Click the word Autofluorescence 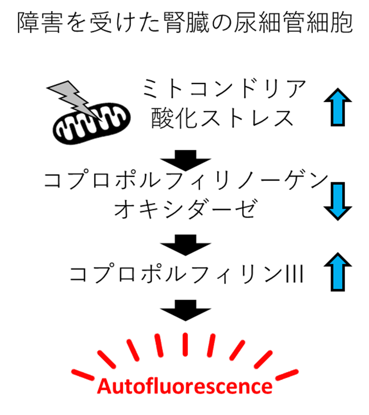pyautogui.click(x=185, y=386)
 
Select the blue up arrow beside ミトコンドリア pyautogui.click(x=338, y=107)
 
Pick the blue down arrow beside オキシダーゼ pyautogui.click(x=338, y=201)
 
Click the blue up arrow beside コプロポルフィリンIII pyautogui.click(x=338, y=272)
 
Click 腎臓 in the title pyautogui.click(x=186, y=22)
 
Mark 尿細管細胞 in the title pyautogui.click(x=294, y=22)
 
